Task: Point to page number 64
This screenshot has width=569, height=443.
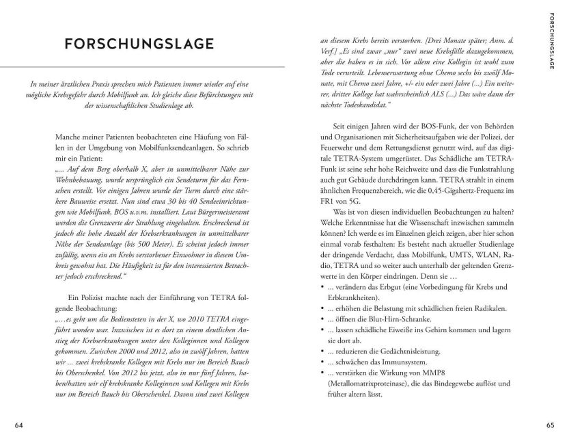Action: click(19, 425)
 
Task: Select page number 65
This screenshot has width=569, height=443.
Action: click(549, 425)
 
